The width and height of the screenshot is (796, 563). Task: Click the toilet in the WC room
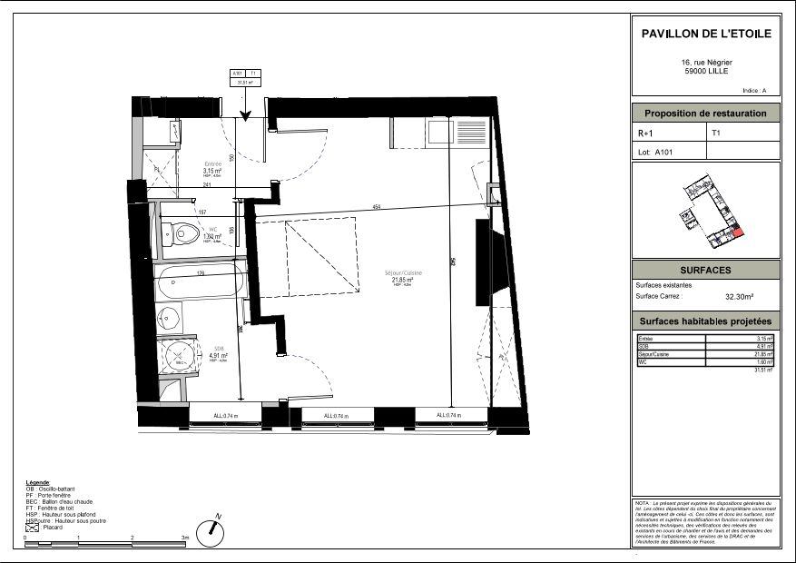(185, 233)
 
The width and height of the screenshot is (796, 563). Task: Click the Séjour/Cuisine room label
(408, 273)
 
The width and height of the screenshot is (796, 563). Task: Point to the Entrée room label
(211, 164)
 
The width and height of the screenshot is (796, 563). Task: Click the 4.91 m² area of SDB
(218, 356)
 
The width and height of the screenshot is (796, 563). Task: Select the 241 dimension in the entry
(207, 185)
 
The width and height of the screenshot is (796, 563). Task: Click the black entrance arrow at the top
(245, 113)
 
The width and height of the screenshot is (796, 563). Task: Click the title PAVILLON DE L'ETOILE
(705, 34)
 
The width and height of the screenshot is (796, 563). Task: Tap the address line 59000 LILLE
(705, 72)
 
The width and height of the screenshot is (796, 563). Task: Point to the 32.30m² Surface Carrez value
(741, 296)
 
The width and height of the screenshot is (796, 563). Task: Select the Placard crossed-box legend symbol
(32, 527)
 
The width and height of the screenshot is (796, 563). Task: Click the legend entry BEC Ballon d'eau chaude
(64, 501)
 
